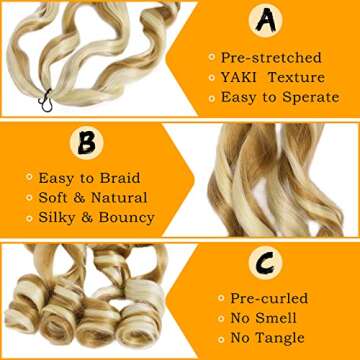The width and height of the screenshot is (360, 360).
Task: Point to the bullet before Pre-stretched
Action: click(212, 58)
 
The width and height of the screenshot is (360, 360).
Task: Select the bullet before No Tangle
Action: click(213, 339)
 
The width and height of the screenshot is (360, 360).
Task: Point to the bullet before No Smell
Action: click(213, 318)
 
